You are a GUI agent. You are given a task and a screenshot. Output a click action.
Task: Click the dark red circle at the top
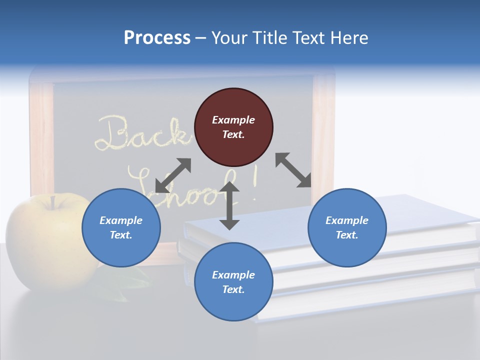pos(233,127)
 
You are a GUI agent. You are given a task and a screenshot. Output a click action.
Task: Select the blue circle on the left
pos(121,227)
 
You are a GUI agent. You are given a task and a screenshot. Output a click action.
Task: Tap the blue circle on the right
pos(347,227)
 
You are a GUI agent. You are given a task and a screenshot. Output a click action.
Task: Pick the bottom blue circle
pos(233,282)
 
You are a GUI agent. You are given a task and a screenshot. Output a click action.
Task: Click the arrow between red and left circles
pos(173,175)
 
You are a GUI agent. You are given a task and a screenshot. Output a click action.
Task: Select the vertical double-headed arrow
pos(229,205)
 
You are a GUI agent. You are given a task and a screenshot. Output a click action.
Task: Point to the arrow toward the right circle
pos(293,170)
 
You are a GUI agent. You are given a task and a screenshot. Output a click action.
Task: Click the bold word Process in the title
pos(157,38)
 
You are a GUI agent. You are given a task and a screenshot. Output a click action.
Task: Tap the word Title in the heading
pos(270,38)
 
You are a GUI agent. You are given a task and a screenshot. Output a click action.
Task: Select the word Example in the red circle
pos(233,120)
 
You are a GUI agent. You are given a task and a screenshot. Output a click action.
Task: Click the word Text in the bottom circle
pos(232,289)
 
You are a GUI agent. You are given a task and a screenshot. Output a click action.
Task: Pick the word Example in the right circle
pos(347,220)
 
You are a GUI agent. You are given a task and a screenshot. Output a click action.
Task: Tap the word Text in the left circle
pos(120,235)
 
